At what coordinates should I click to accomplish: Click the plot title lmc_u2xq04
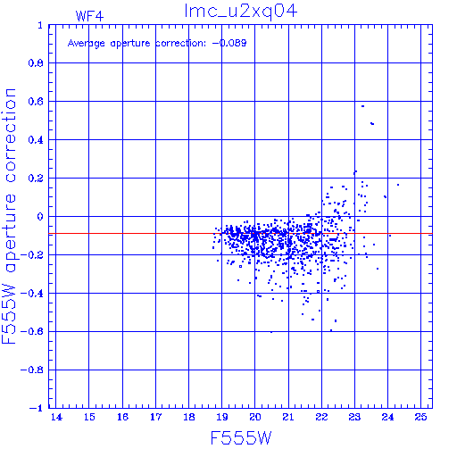click(241, 12)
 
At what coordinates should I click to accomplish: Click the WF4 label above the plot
click(89, 16)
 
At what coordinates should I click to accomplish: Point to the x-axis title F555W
click(241, 438)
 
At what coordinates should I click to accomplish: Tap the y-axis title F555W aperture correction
click(9, 216)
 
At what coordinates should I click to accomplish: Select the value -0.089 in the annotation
click(229, 43)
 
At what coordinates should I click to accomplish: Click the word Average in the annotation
click(87, 44)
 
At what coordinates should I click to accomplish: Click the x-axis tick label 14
click(56, 417)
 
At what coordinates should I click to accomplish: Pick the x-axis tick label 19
click(222, 417)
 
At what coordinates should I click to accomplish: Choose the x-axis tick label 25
click(420, 417)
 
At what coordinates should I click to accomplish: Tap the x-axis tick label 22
click(321, 417)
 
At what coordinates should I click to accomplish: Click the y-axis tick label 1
click(40, 25)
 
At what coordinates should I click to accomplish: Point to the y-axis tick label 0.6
click(36, 102)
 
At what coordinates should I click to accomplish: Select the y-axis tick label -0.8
click(32, 370)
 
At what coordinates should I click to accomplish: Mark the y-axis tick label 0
click(40, 217)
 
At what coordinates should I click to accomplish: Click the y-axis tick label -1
click(37, 408)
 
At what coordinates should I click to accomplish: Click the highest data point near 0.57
click(362, 106)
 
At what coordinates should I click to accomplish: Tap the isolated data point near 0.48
click(372, 123)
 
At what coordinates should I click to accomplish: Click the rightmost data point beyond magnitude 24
click(398, 185)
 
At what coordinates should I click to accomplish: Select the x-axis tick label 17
click(155, 417)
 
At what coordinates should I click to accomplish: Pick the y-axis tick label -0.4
click(32, 294)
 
